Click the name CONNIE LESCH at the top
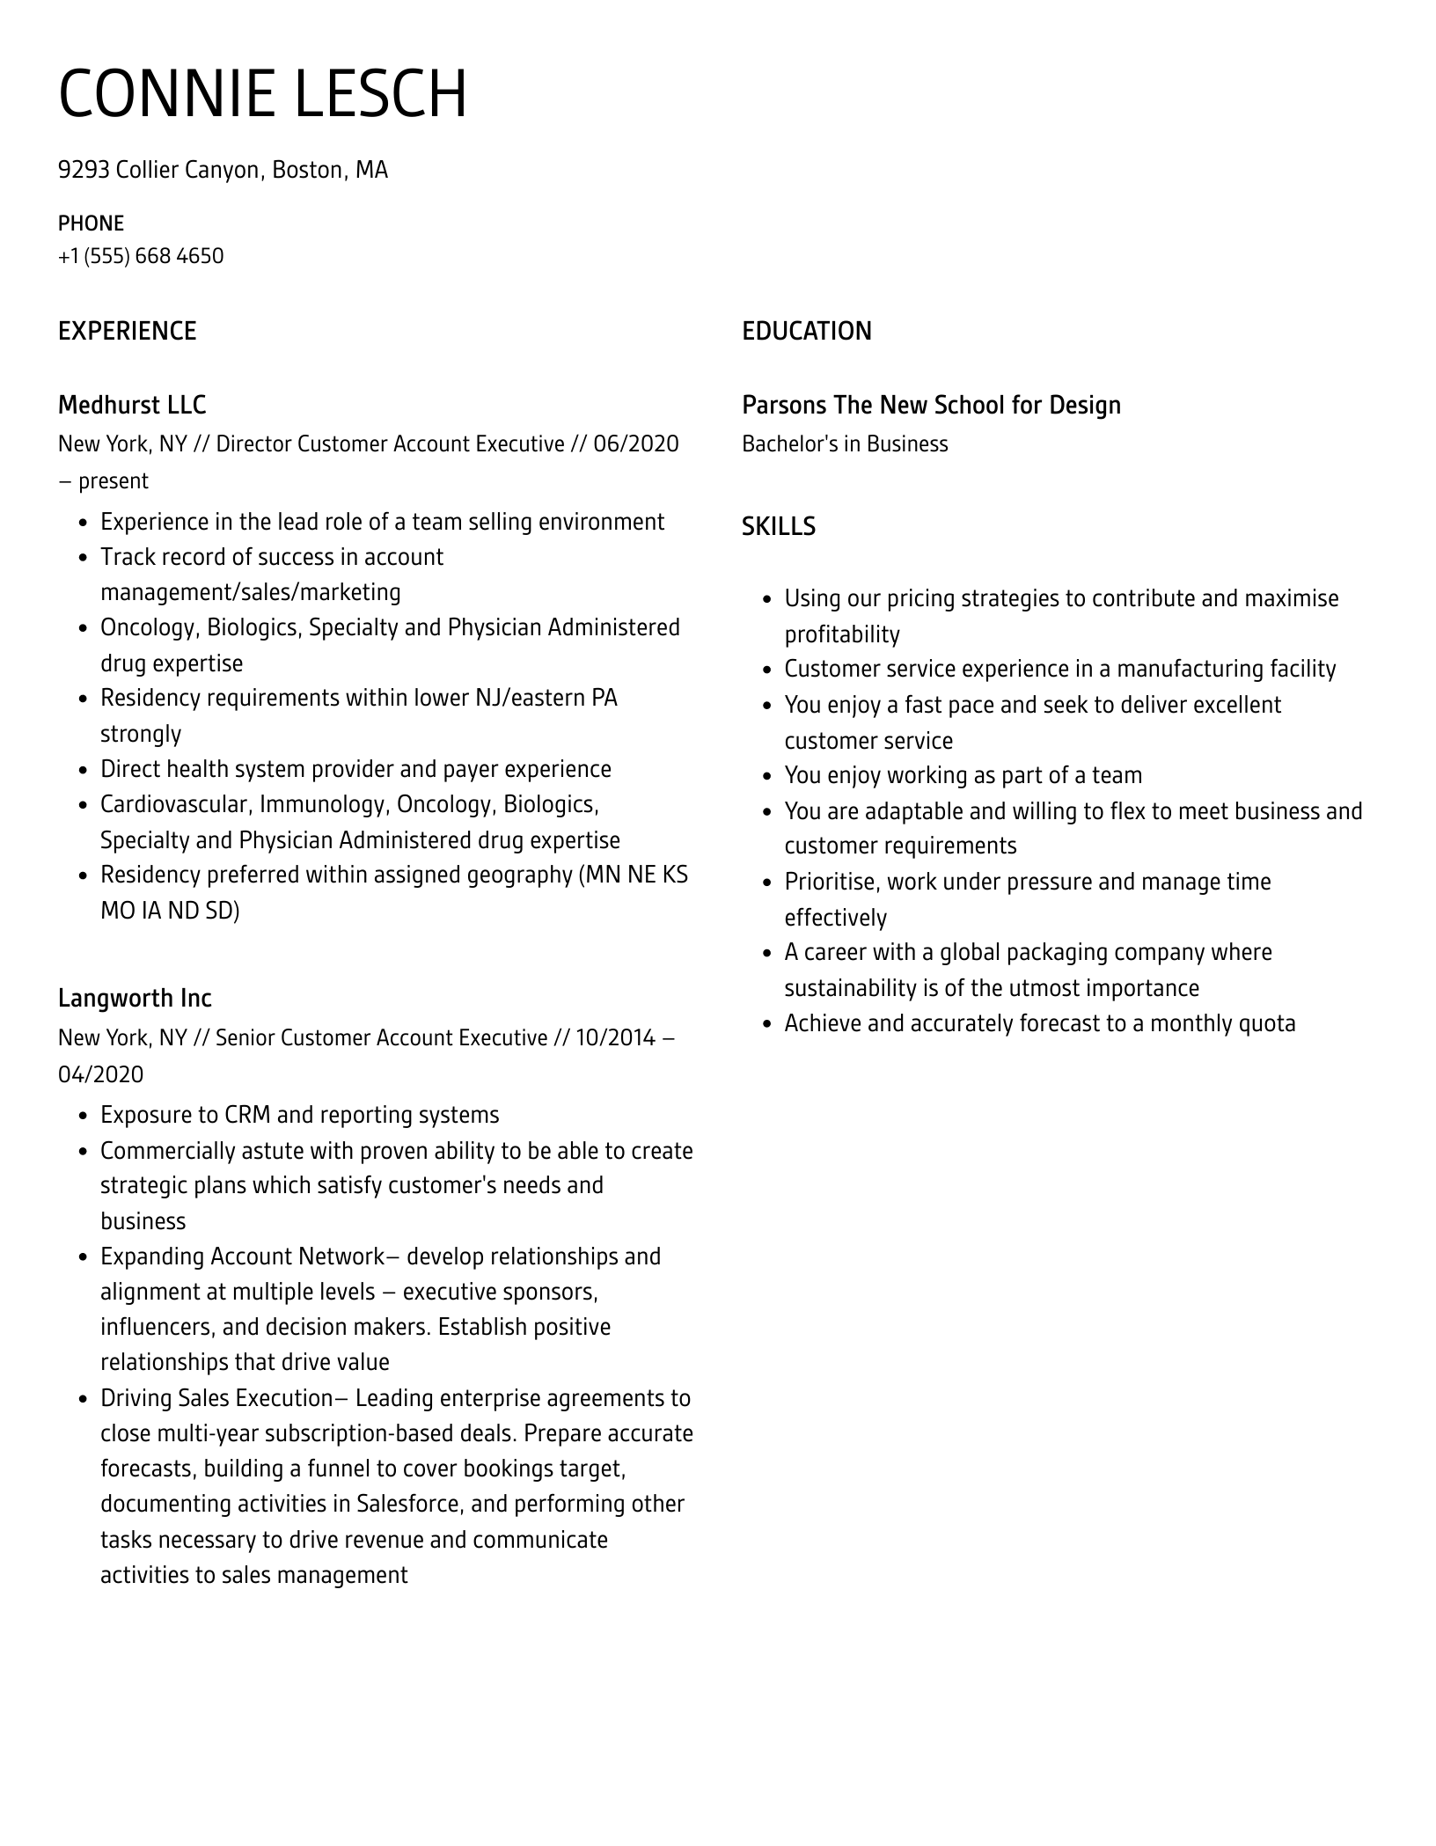pyautogui.click(x=262, y=94)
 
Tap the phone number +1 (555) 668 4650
pyautogui.click(x=141, y=256)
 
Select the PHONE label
pyautogui.click(x=91, y=223)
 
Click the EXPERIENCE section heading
pyautogui.click(x=127, y=331)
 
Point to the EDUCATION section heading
pyautogui.click(x=806, y=331)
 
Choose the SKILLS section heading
pyautogui.click(x=778, y=526)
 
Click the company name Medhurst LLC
pyautogui.click(x=132, y=405)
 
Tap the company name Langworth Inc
pyautogui.click(x=135, y=998)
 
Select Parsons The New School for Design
pyautogui.click(x=931, y=405)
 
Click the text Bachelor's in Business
pyautogui.click(x=845, y=443)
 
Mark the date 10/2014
pyautogui.click(x=616, y=1037)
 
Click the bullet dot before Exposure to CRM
pyautogui.click(x=84, y=1116)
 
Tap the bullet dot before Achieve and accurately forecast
pyautogui.click(x=767, y=1024)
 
